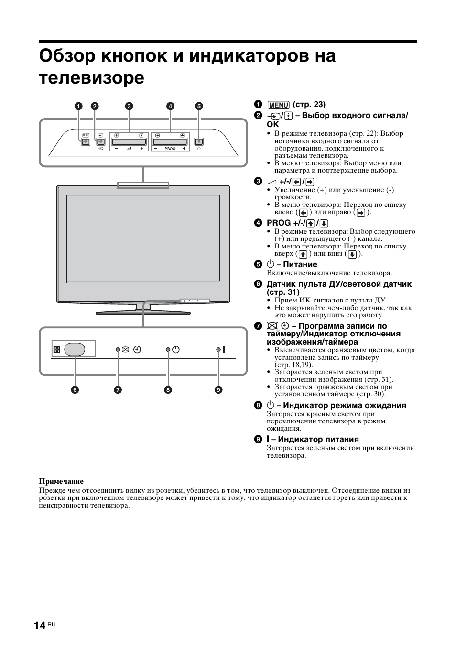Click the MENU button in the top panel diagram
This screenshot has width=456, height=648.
(86, 141)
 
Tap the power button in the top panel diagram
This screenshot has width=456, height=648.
(199, 141)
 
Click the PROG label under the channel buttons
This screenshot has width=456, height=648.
(170, 149)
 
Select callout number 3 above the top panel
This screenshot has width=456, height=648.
(129, 107)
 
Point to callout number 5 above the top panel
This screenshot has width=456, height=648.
(199, 107)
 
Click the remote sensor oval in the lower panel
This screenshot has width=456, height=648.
(75, 349)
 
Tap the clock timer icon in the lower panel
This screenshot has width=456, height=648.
(137, 349)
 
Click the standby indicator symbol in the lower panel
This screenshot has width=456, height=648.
(176, 349)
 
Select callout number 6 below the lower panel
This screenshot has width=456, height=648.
(75, 390)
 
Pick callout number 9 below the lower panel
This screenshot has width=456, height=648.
(218, 390)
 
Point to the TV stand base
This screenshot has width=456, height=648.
(143, 313)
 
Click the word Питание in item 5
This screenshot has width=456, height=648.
(300, 265)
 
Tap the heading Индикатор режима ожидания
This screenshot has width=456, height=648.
(344, 406)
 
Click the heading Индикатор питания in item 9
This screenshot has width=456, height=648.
(318, 440)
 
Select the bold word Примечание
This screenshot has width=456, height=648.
(61, 481)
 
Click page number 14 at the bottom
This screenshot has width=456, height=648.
(40, 626)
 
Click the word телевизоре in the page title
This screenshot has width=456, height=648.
(91, 77)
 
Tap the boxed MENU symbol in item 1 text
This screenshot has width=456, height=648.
(278, 105)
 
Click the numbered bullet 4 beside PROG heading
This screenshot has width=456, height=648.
(258, 223)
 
